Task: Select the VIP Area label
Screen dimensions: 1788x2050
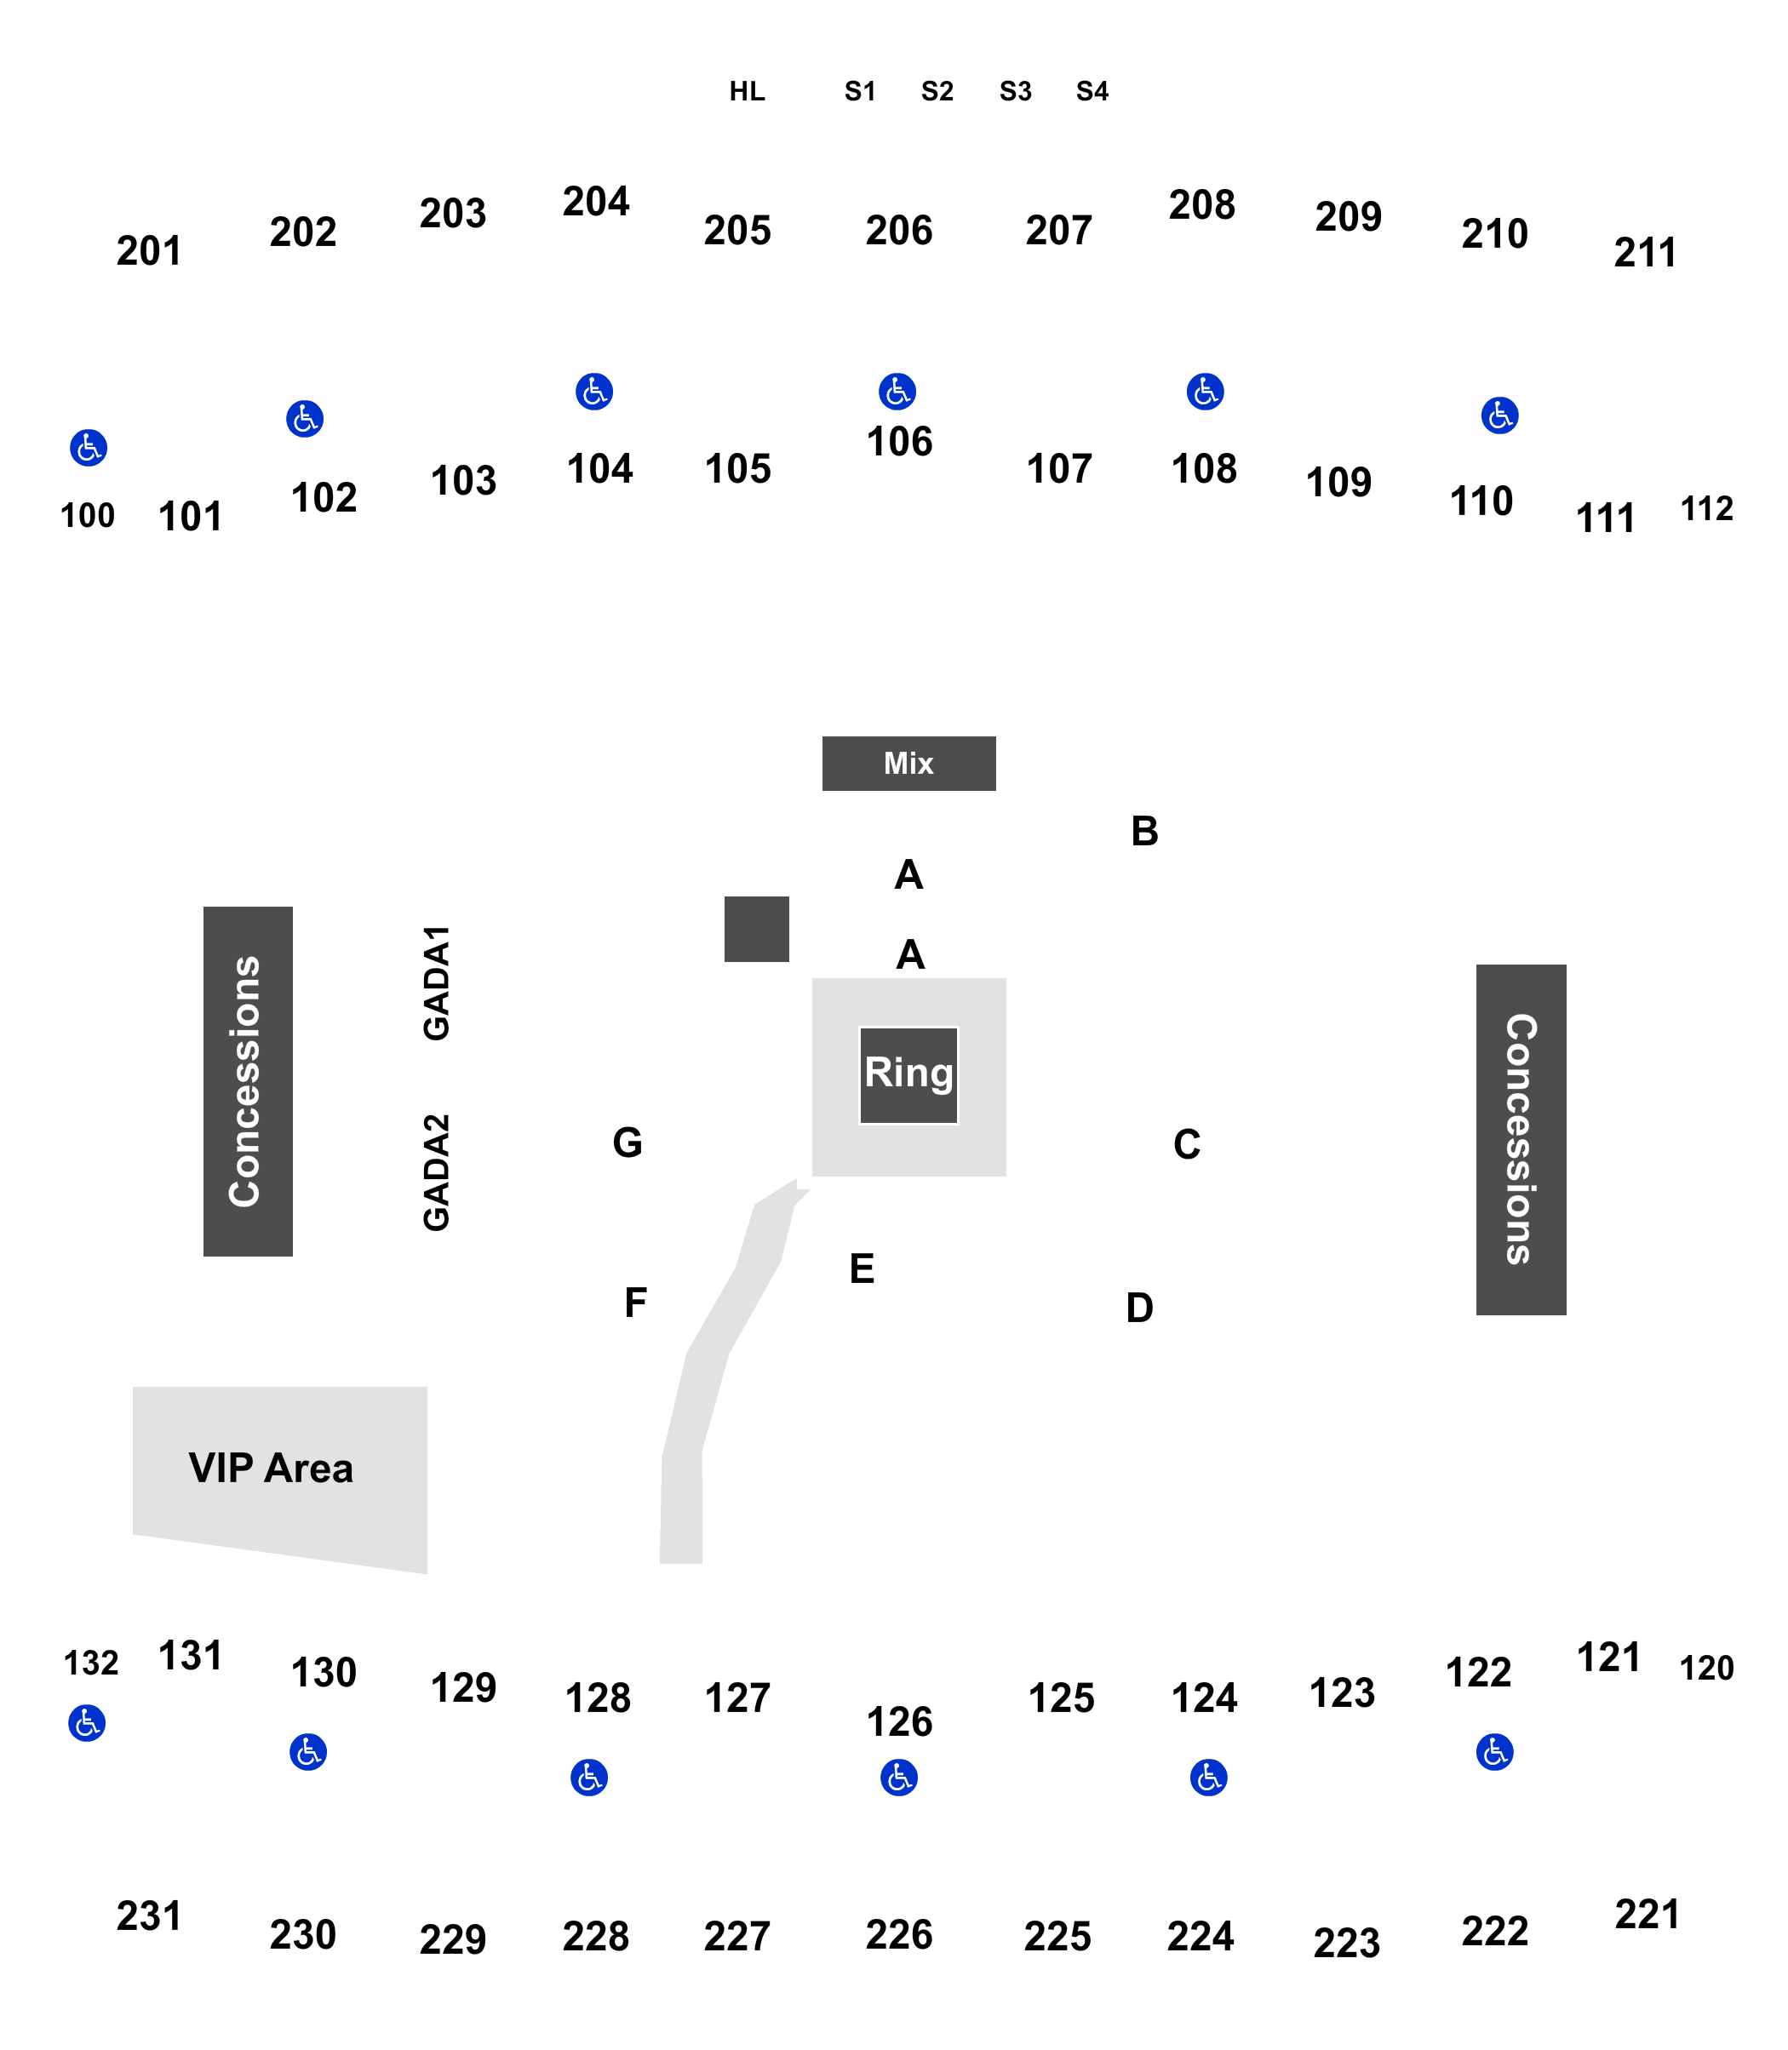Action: [x=271, y=1469]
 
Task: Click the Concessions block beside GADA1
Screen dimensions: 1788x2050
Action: [x=248, y=1081]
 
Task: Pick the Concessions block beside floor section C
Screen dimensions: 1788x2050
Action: [x=1521, y=1139]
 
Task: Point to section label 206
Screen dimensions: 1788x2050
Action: [x=899, y=231]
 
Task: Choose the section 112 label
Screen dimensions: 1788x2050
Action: [x=1706, y=509]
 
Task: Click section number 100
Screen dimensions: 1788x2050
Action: [x=88, y=516]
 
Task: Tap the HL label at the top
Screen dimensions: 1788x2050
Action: [x=748, y=92]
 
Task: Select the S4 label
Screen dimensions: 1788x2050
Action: [x=1092, y=92]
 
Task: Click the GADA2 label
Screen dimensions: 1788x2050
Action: [x=437, y=1172]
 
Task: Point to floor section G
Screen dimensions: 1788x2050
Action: [x=628, y=1142]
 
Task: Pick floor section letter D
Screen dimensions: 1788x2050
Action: [x=1139, y=1308]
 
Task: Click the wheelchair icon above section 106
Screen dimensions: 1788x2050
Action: [x=897, y=391]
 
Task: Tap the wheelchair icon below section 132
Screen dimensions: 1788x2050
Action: [x=87, y=1723]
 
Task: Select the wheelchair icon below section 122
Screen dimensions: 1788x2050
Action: [x=1494, y=1752]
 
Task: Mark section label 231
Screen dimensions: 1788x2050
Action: [x=149, y=1916]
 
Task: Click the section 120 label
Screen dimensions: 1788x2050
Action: [x=1706, y=1668]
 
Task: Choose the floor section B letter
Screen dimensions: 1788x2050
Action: [x=1144, y=831]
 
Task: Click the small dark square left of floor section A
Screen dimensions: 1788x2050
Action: [x=756, y=929]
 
